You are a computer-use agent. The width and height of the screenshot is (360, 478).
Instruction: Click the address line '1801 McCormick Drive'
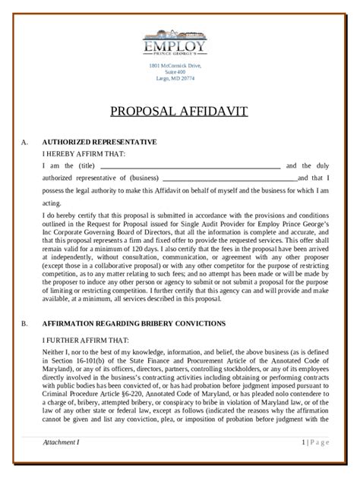click(180, 67)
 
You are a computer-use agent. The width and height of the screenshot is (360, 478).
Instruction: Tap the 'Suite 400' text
click(180, 73)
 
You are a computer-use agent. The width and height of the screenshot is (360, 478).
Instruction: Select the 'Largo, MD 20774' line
click(180, 79)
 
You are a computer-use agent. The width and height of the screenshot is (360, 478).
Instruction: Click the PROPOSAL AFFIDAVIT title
click(180, 112)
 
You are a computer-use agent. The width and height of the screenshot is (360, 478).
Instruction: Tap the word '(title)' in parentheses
click(86, 166)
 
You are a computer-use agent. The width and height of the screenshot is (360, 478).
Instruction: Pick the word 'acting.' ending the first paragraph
click(52, 203)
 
